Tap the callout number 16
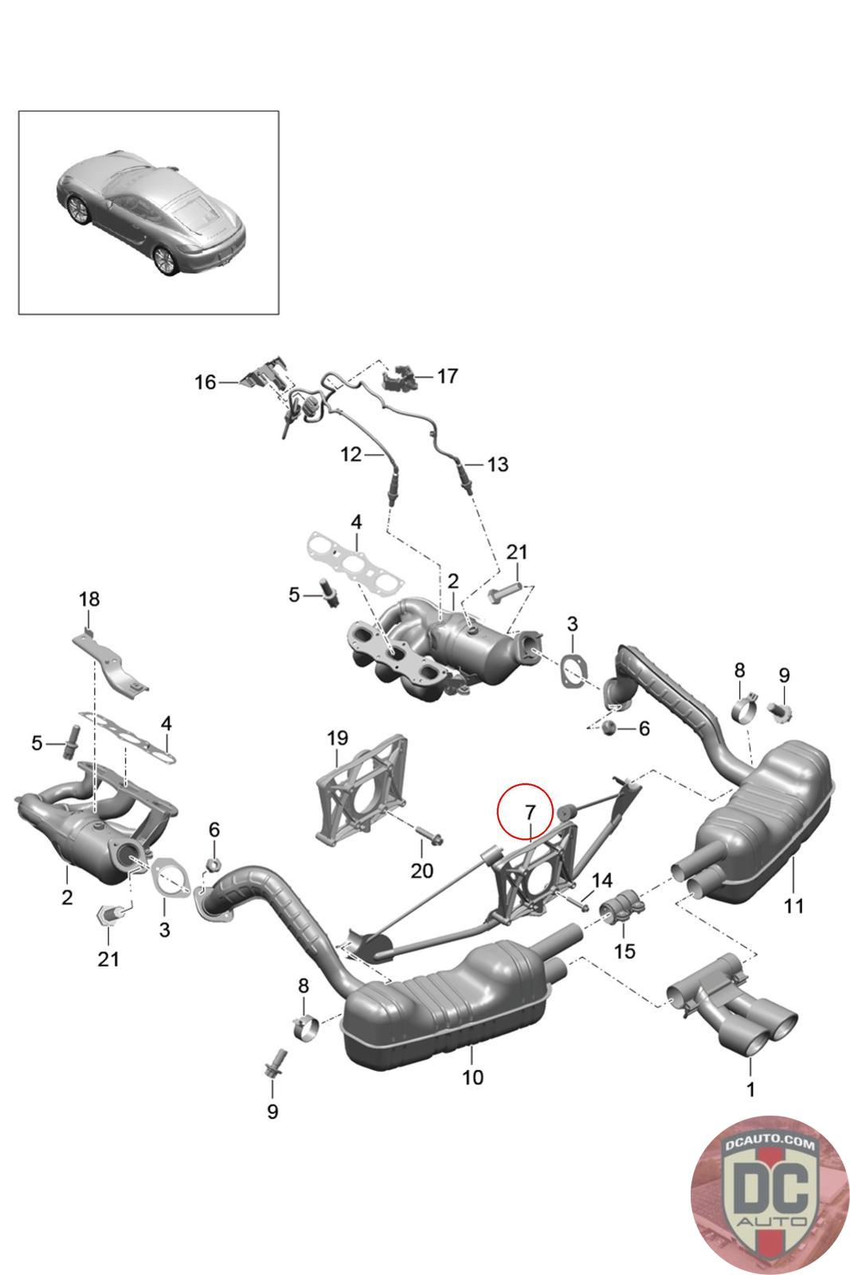pyautogui.click(x=206, y=382)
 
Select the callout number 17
pyautogui.click(x=448, y=375)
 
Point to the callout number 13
pyautogui.click(x=497, y=464)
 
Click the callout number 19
pyautogui.click(x=337, y=739)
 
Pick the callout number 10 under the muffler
pyautogui.click(x=472, y=1077)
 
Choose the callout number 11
pyautogui.click(x=793, y=905)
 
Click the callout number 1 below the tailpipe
pyautogui.click(x=750, y=1089)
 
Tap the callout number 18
pyautogui.click(x=89, y=598)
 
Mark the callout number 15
pyautogui.click(x=625, y=951)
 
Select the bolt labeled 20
pyautogui.click(x=431, y=838)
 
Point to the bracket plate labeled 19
pyautogui.click(x=362, y=789)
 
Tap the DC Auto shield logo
pyautogui.click(x=769, y=1194)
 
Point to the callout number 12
pyautogui.click(x=351, y=455)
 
